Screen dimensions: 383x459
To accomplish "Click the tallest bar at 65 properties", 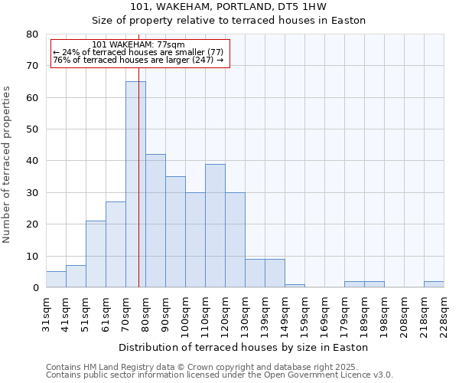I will [x=135, y=184].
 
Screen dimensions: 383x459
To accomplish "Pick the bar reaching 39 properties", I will [x=215, y=225].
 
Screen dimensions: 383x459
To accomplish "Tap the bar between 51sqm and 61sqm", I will [x=96, y=254].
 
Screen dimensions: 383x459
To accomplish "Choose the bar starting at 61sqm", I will [x=116, y=244].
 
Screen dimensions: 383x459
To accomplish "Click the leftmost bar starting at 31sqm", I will [x=56, y=280].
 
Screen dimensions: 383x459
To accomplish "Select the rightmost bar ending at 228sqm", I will [x=434, y=284].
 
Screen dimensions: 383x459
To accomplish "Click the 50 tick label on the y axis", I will [x=32, y=129].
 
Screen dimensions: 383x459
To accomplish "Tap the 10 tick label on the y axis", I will [x=32, y=256].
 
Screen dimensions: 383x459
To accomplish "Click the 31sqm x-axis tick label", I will [x=47, y=312].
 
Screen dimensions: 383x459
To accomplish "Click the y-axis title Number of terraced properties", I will [x=8, y=164].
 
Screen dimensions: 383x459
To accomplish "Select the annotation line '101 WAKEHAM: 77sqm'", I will [x=138, y=45].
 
